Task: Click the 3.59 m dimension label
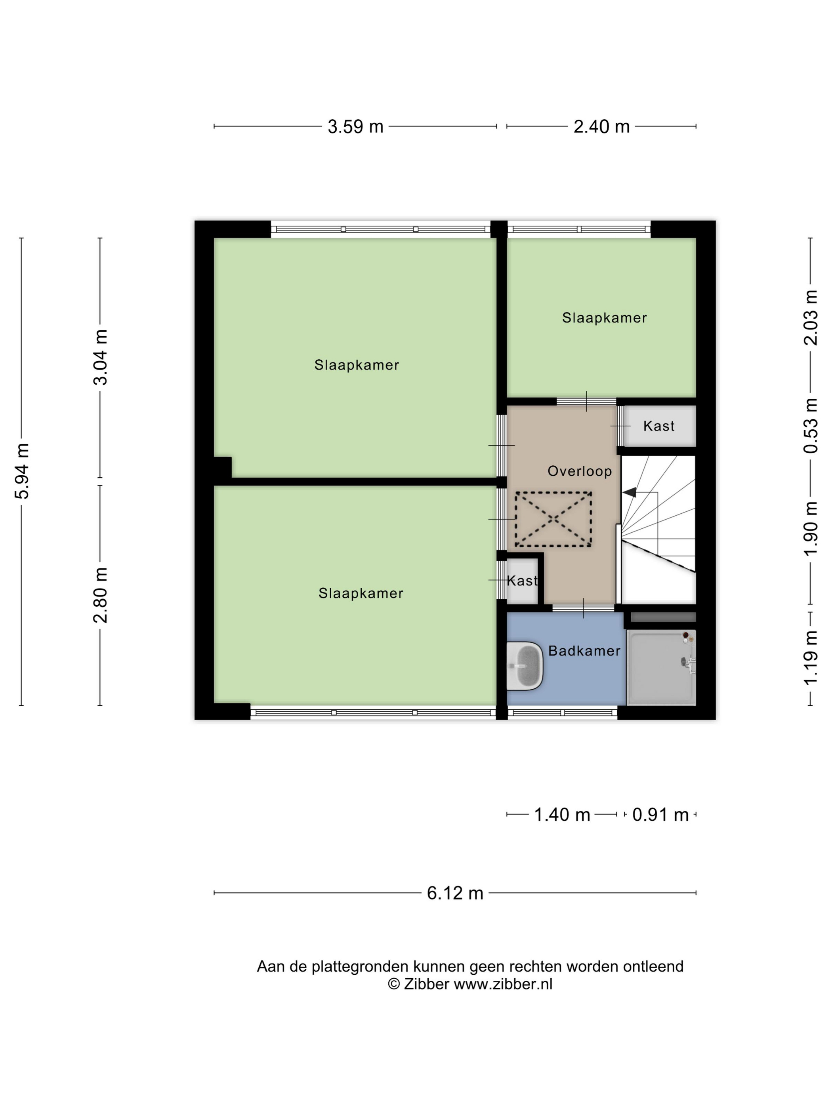(x=355, y=126)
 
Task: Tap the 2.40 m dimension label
(x=601, y=126)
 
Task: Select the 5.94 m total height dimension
(x=23, y=471)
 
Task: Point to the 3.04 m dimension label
(x=101, y=357)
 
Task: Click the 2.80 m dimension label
(x=101, y=595)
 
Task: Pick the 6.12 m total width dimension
(x=455, y=893)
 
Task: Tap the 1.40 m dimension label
(x=562, y=815)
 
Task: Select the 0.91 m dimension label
(x=660, y=815)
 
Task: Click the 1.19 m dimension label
(x=811, y=658)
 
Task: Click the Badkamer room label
(x=584, y=651)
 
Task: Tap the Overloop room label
(x=580, y=471)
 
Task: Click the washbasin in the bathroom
(x=525, y=666)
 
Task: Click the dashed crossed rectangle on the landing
(x=553, y=519)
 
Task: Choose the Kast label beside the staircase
(x=659, y=426)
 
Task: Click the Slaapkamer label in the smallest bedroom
(x=604, y=318)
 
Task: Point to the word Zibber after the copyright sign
(x=426, y=984)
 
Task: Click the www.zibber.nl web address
(x=503, y=984)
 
